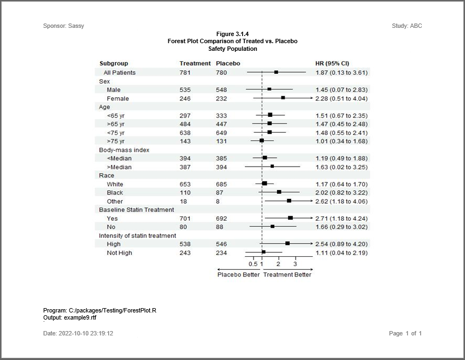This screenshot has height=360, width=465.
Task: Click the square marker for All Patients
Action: pos(276,72)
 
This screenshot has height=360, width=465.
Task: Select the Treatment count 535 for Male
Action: pos(185,90)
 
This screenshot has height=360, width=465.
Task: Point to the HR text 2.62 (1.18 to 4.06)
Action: pos(342,201)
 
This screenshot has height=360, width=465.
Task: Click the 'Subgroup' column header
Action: pos(114,63)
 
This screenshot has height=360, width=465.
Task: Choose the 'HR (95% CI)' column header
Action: pos(332,63)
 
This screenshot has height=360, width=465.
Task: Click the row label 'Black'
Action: pos(115,192)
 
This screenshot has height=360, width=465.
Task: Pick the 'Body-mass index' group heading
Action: pos(124,150)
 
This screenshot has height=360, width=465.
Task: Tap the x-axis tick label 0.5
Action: pos(253,264)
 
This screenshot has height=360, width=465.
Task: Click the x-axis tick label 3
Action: pos(295,264)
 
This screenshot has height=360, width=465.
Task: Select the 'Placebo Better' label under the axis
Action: pos(239,275)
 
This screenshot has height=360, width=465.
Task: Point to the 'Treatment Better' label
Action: pos(287,275)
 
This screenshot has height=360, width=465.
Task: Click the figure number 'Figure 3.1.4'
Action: pos(233,34)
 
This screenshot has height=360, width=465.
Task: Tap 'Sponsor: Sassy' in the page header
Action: pos(63,26)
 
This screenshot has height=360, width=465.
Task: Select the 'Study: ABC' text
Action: pos(407,26)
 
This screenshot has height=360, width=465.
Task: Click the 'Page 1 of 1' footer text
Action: pos(405,333)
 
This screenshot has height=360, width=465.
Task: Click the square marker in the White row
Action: pos(264,184)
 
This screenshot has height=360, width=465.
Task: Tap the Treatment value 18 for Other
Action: pos(183,201)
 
